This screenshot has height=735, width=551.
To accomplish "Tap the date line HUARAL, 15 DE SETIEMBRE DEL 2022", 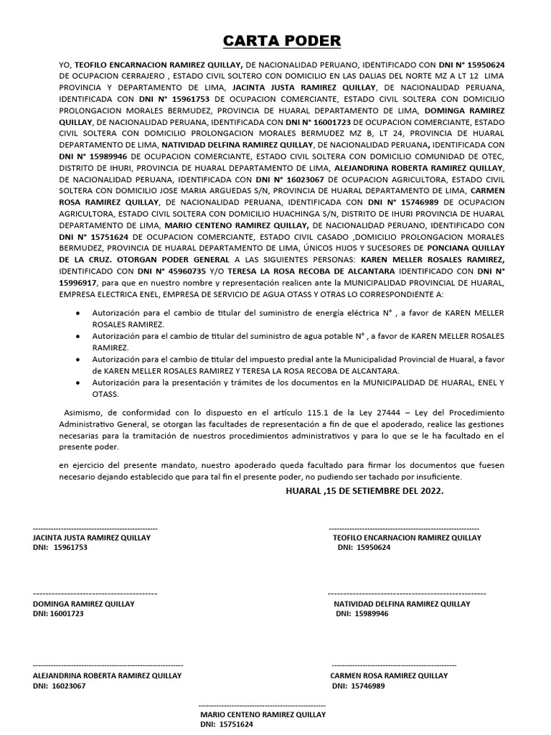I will (364, 491).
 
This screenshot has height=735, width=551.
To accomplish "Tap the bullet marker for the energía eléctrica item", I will (77, 314).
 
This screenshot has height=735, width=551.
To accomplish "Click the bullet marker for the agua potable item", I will (77, 337).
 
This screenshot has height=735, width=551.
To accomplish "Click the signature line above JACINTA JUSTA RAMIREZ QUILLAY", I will (95, 528).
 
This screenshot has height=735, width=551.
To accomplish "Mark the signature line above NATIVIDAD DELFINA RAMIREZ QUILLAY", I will (407, 594).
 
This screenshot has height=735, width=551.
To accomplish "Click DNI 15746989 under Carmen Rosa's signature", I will (368, 686).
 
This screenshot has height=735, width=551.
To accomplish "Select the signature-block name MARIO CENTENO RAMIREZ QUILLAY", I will (263, 715).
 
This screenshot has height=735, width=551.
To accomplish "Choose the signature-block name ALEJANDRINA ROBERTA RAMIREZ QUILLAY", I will (108, 675).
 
